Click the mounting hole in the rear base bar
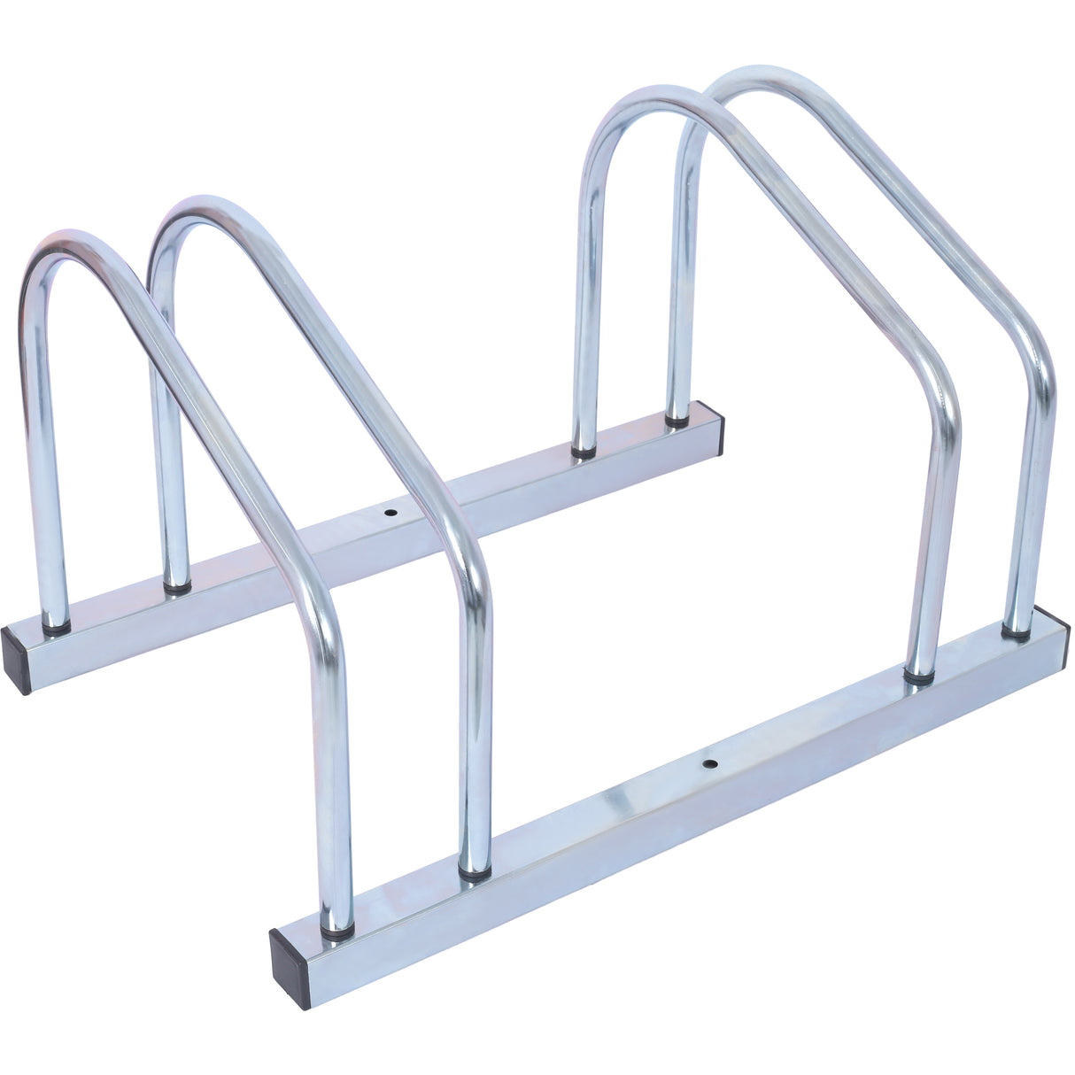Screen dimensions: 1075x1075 pyautogui.click(x=391, y=513)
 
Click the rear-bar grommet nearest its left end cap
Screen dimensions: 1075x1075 pyautogui.click(x=57, y=628)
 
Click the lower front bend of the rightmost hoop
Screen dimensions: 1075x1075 pyautogui.click(x=1037, y=354)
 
